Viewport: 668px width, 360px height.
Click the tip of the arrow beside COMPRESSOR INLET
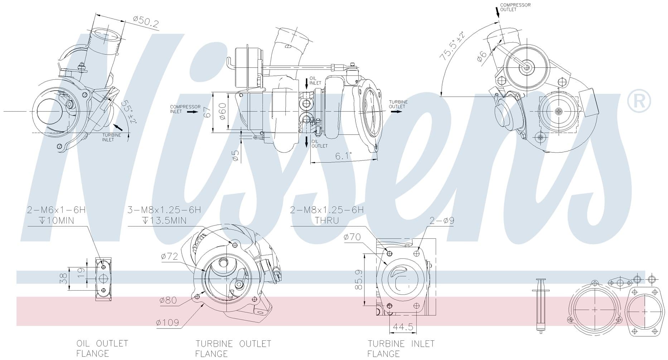tap(198, 112)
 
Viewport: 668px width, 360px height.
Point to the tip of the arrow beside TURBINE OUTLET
tap(402, 111)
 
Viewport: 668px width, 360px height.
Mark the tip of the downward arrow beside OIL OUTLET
tap(306, 147)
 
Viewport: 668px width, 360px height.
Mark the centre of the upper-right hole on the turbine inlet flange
tap(416, 253)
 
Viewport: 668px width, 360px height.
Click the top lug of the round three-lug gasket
tap(595, 283)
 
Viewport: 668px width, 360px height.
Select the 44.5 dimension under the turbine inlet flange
tap(403, 327)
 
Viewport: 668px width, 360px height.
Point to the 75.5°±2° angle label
tap(452, 45)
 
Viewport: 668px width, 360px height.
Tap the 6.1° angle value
tap(343, 156)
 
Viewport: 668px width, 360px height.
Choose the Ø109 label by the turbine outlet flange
tap(168, 323)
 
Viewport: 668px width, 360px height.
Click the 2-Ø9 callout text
tap(441, 220)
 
